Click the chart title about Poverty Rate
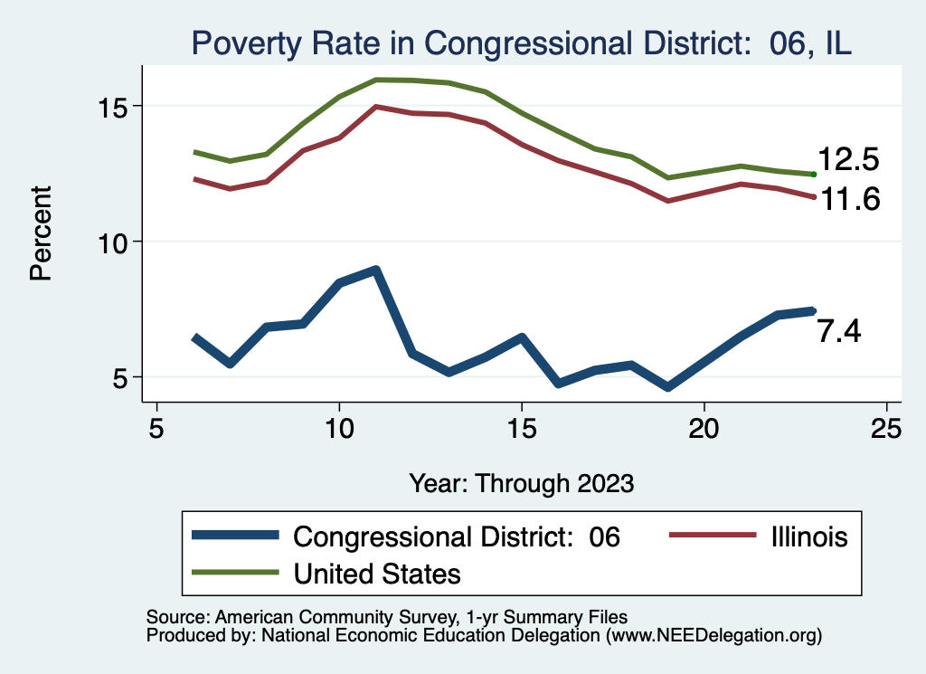(x=520, y=43)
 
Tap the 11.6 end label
(x=847, y=199)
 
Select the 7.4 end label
(x=839, y=332)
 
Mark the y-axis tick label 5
(x=121, y=377)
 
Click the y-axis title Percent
(x=41, y=233)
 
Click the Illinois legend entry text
(x=809, y=537)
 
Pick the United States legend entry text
(x=377, y=573)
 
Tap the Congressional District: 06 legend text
(x=458, y=537)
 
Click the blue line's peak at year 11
(x=375, y=270)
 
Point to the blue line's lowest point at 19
(x=667, y=387)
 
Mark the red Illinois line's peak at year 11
(x=375, y=107)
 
